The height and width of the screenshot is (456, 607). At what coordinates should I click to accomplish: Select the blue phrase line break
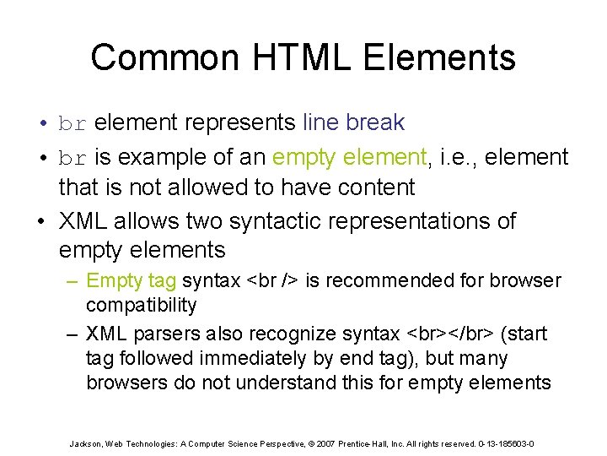[353, 123]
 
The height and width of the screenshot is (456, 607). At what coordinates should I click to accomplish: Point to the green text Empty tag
[132, 280]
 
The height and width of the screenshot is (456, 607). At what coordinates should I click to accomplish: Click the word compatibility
[141, 305]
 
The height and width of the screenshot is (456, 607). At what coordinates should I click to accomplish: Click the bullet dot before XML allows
[43, 222]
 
